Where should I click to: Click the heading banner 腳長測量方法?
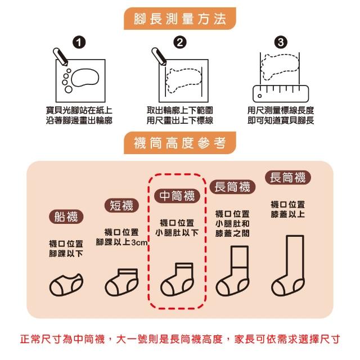180,19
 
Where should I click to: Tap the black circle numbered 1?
79,43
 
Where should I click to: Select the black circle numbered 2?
180,43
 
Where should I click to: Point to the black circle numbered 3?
281,43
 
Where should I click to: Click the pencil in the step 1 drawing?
60,57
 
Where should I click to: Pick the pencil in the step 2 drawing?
159,57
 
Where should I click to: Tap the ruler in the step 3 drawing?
281,94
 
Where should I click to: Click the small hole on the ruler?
259,96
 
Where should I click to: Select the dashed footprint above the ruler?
280,67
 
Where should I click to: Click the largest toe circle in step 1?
69,89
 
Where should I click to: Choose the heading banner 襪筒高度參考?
180,143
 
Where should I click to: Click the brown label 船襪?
66,217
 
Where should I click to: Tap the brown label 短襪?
121,205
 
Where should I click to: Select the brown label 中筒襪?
177,196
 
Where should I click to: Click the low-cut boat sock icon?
66,285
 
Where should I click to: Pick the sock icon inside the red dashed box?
177,280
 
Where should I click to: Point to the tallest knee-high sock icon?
288,265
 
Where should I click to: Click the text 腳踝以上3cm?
121,242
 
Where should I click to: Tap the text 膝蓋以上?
287,214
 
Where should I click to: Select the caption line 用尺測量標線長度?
281,110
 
